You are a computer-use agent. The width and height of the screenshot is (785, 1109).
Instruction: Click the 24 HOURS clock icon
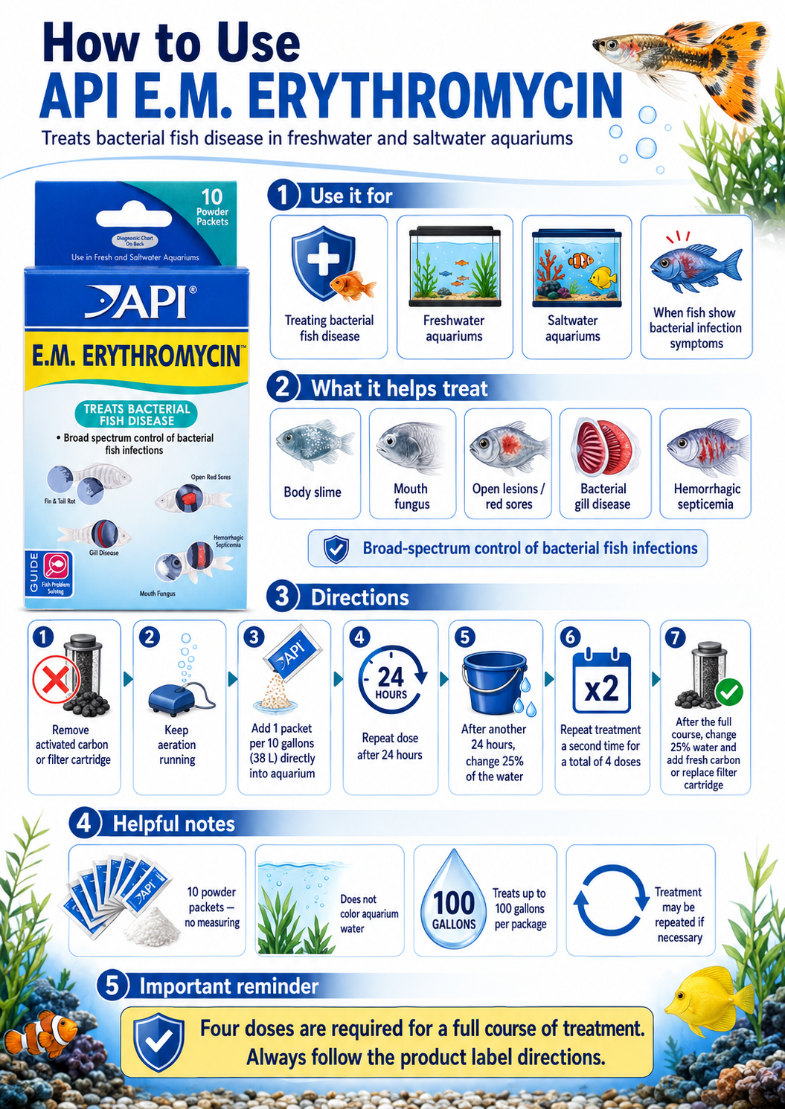pyautogui.click(x=391, y=679)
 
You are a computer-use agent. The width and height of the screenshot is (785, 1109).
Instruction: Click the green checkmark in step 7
pyautogui.click(x=729, y=692)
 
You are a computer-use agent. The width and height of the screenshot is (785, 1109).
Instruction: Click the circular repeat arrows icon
pyautogui.click(x=611, y=900)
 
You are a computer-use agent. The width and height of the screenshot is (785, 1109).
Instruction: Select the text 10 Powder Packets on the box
pyautogui.click(x=212, y=208)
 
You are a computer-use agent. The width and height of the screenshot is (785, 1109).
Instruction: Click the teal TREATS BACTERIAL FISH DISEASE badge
pyautogui.click(x=136, y=415)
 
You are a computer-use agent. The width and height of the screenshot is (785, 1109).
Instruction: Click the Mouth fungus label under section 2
pyautogui.click(x=411, y=497)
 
